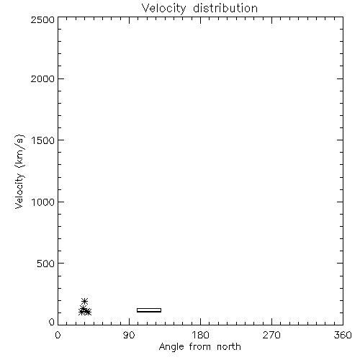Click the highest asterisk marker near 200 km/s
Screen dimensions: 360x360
pos(84,301)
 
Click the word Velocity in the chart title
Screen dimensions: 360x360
pos(163,9)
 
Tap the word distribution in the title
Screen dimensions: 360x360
pos(225,8)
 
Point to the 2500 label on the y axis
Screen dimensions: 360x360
pos(42,19)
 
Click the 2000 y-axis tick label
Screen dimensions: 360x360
pos(42,78)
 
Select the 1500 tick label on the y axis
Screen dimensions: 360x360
pos(43,140)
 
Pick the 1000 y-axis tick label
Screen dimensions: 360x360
pos(43,202)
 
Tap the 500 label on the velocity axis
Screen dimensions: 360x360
pos(46,264)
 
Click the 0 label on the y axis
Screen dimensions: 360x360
pos(52,322)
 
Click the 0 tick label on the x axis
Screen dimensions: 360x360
pos(58,335)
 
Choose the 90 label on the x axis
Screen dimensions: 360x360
pos(129,335)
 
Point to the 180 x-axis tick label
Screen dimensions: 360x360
pos(200,335)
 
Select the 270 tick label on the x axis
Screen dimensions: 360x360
pos(271,335)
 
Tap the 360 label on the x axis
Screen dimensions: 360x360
pos(343,335)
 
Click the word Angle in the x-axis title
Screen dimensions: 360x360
pos(171,347)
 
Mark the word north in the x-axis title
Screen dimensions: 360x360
pos(229,346)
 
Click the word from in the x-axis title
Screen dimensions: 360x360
pos(200,346)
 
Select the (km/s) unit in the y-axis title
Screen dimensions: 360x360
pos(20,151)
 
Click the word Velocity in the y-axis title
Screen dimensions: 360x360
pos(19,191)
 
